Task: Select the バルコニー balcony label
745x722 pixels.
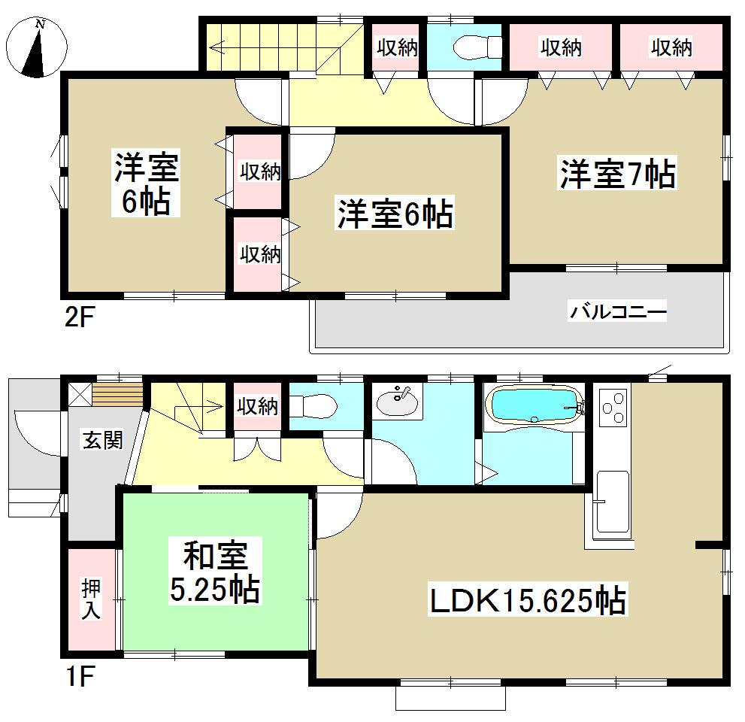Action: coord(617,311)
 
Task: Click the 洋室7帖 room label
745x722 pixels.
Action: coord(616,174)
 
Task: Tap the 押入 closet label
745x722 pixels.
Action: coord(91,599)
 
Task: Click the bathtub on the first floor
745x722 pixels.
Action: coord(535,406)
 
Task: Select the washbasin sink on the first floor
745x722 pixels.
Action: coord(395,401)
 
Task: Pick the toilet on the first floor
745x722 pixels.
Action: coord(312,407)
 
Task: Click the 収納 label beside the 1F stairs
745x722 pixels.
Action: coord(258,407)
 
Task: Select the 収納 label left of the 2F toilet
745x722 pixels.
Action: coord(397,48)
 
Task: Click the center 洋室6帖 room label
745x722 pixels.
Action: coord(394,215)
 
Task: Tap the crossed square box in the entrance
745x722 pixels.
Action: coord(78,393)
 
